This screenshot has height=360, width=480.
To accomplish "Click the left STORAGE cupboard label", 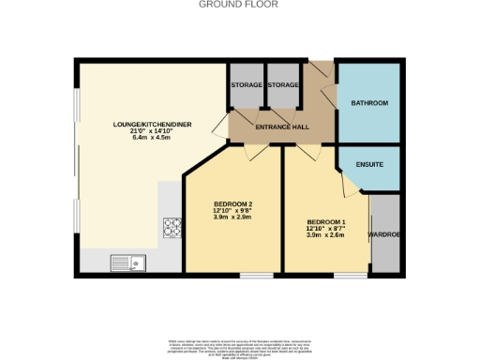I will [x=247, y=85].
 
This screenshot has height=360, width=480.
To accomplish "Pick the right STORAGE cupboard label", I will [x=282, y=85].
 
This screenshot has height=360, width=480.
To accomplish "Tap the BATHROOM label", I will [x=368, y=102].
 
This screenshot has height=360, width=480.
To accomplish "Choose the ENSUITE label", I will [x=369, y=165].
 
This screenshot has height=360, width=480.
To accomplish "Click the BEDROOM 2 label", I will [x=232, y=204].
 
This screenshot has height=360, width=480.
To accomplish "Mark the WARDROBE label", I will [x=384, y=234].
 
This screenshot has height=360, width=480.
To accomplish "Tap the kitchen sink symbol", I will [x=125, y=262].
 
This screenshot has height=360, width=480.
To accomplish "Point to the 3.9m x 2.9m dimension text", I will [x=232, y=217].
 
